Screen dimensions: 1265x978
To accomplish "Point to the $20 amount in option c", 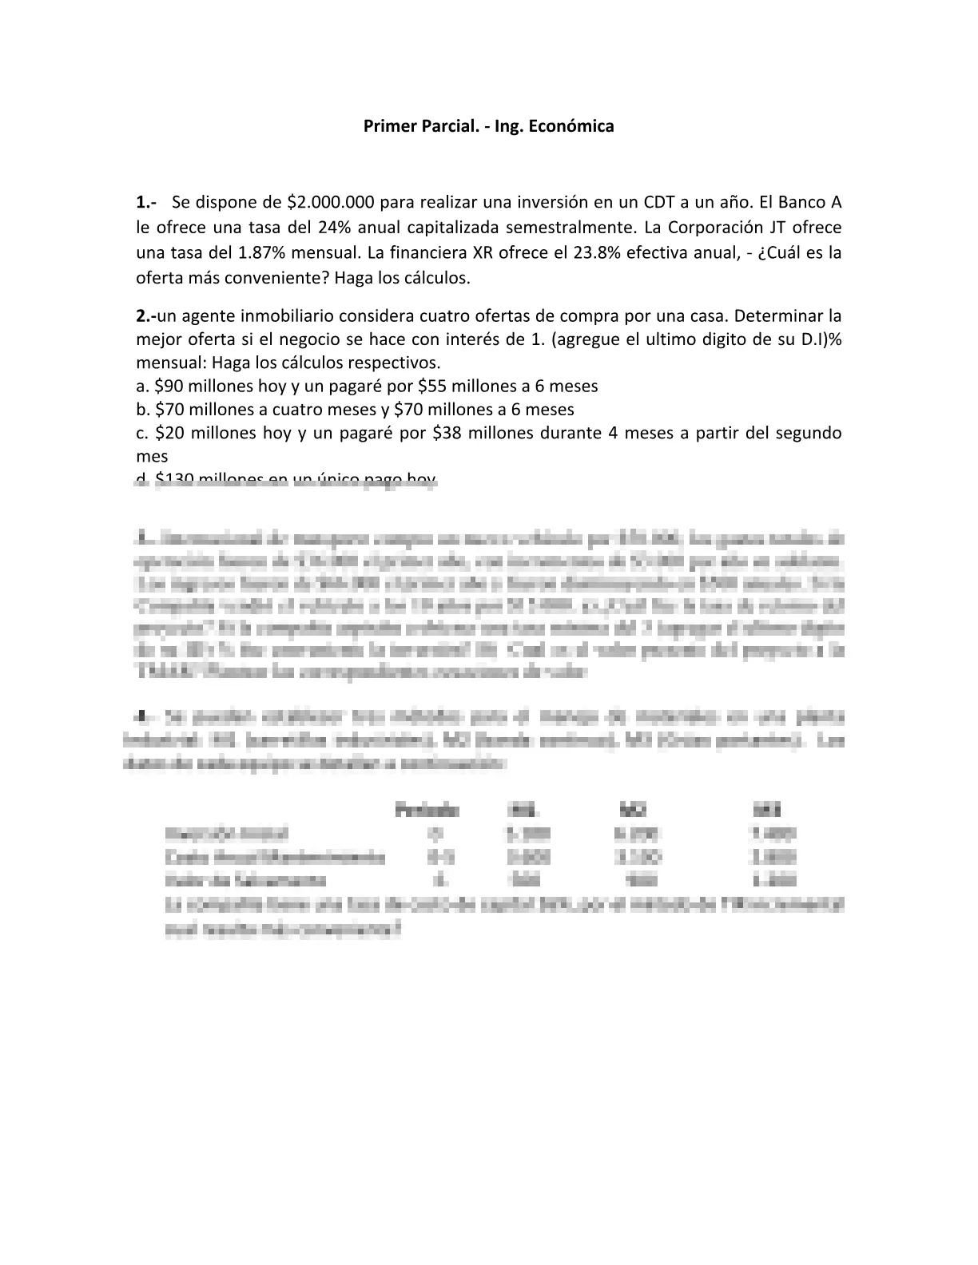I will [x=169, y=433].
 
